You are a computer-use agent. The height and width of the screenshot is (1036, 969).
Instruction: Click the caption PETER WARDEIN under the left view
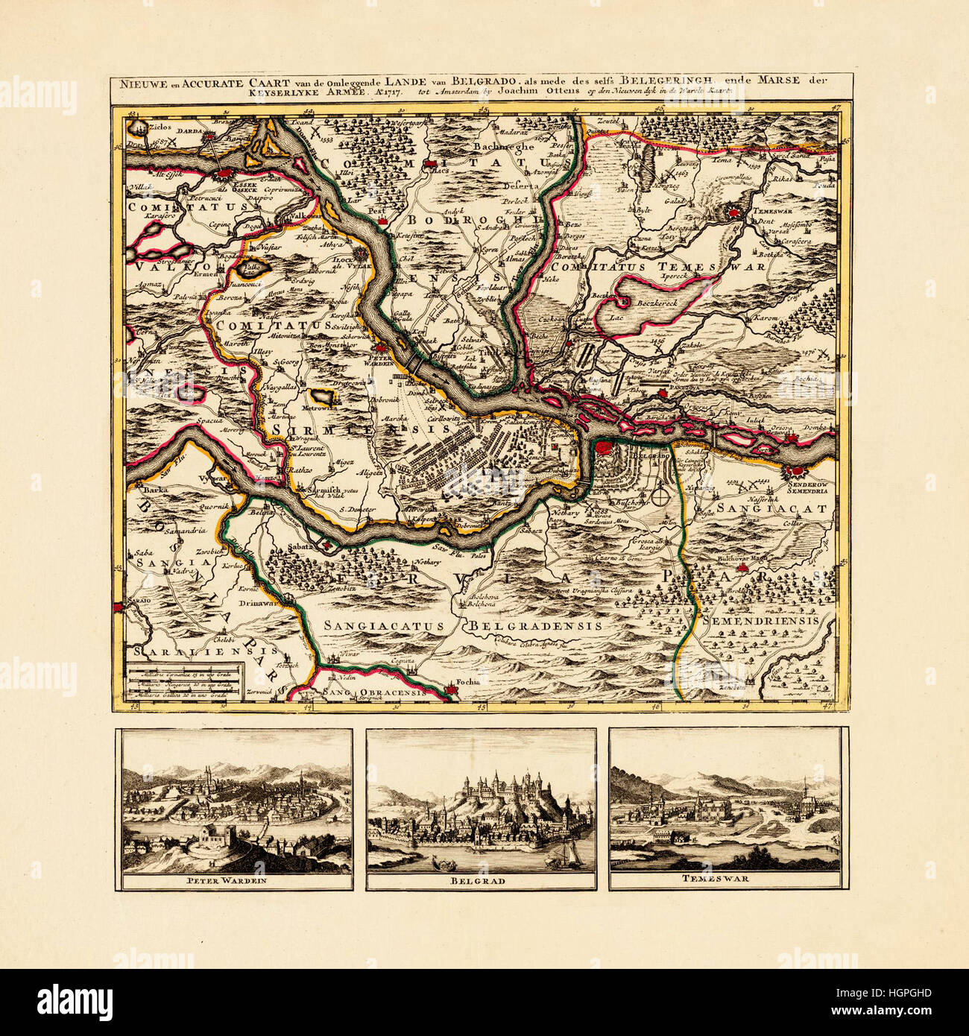234,880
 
